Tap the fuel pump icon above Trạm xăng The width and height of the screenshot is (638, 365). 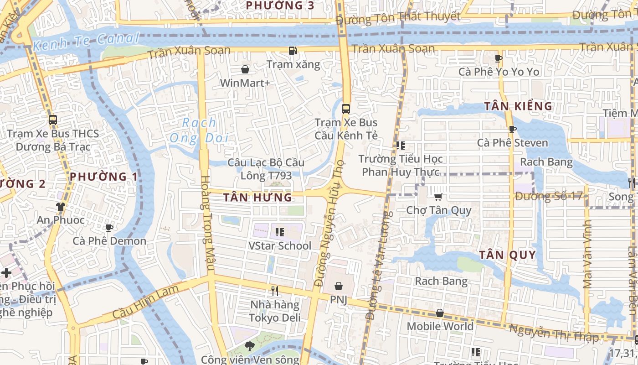coord(293,51)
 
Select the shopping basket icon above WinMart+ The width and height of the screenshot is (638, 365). coord(245,69)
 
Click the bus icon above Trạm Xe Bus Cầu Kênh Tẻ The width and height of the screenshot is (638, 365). coord(346,109)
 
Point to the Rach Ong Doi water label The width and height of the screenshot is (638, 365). coord(199,130)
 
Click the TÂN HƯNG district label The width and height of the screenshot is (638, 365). coord(257,197)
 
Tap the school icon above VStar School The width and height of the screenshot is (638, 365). coord(280,232)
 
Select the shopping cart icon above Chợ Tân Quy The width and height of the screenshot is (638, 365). coord(438,197)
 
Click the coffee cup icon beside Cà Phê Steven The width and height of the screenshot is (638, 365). coord(512,129)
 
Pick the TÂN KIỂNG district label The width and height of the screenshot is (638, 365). coord(518,106)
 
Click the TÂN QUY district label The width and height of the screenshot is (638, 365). coord(508,255)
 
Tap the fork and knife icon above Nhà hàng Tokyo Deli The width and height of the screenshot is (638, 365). coord(275,291)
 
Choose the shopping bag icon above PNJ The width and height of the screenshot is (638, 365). coord(339,286)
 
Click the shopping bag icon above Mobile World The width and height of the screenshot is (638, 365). coord(440,313)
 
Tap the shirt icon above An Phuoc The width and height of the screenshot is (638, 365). coord(61,207)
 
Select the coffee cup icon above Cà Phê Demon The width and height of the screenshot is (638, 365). coord(109,228)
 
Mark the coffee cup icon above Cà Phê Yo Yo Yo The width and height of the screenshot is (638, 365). coord(499,58)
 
